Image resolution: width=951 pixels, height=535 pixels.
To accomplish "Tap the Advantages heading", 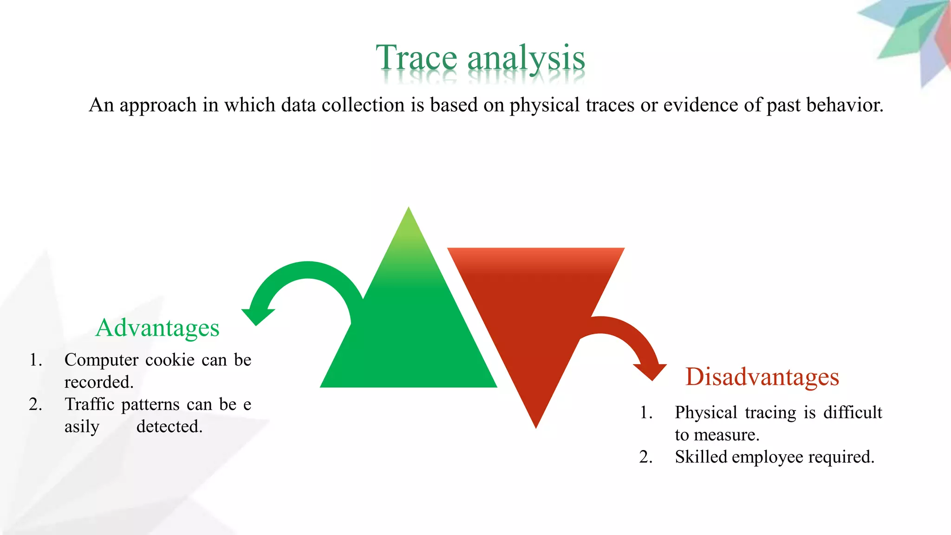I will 157,328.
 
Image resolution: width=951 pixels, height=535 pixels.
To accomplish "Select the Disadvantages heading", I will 762,377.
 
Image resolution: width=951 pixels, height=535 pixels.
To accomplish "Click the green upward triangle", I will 409,334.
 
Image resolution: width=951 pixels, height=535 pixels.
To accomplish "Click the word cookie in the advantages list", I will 170,360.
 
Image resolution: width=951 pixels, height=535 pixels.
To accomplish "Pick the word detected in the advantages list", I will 169,427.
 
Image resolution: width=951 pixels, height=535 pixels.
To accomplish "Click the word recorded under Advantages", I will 99,382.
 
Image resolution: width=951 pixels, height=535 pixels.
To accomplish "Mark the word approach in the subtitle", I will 158,105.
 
